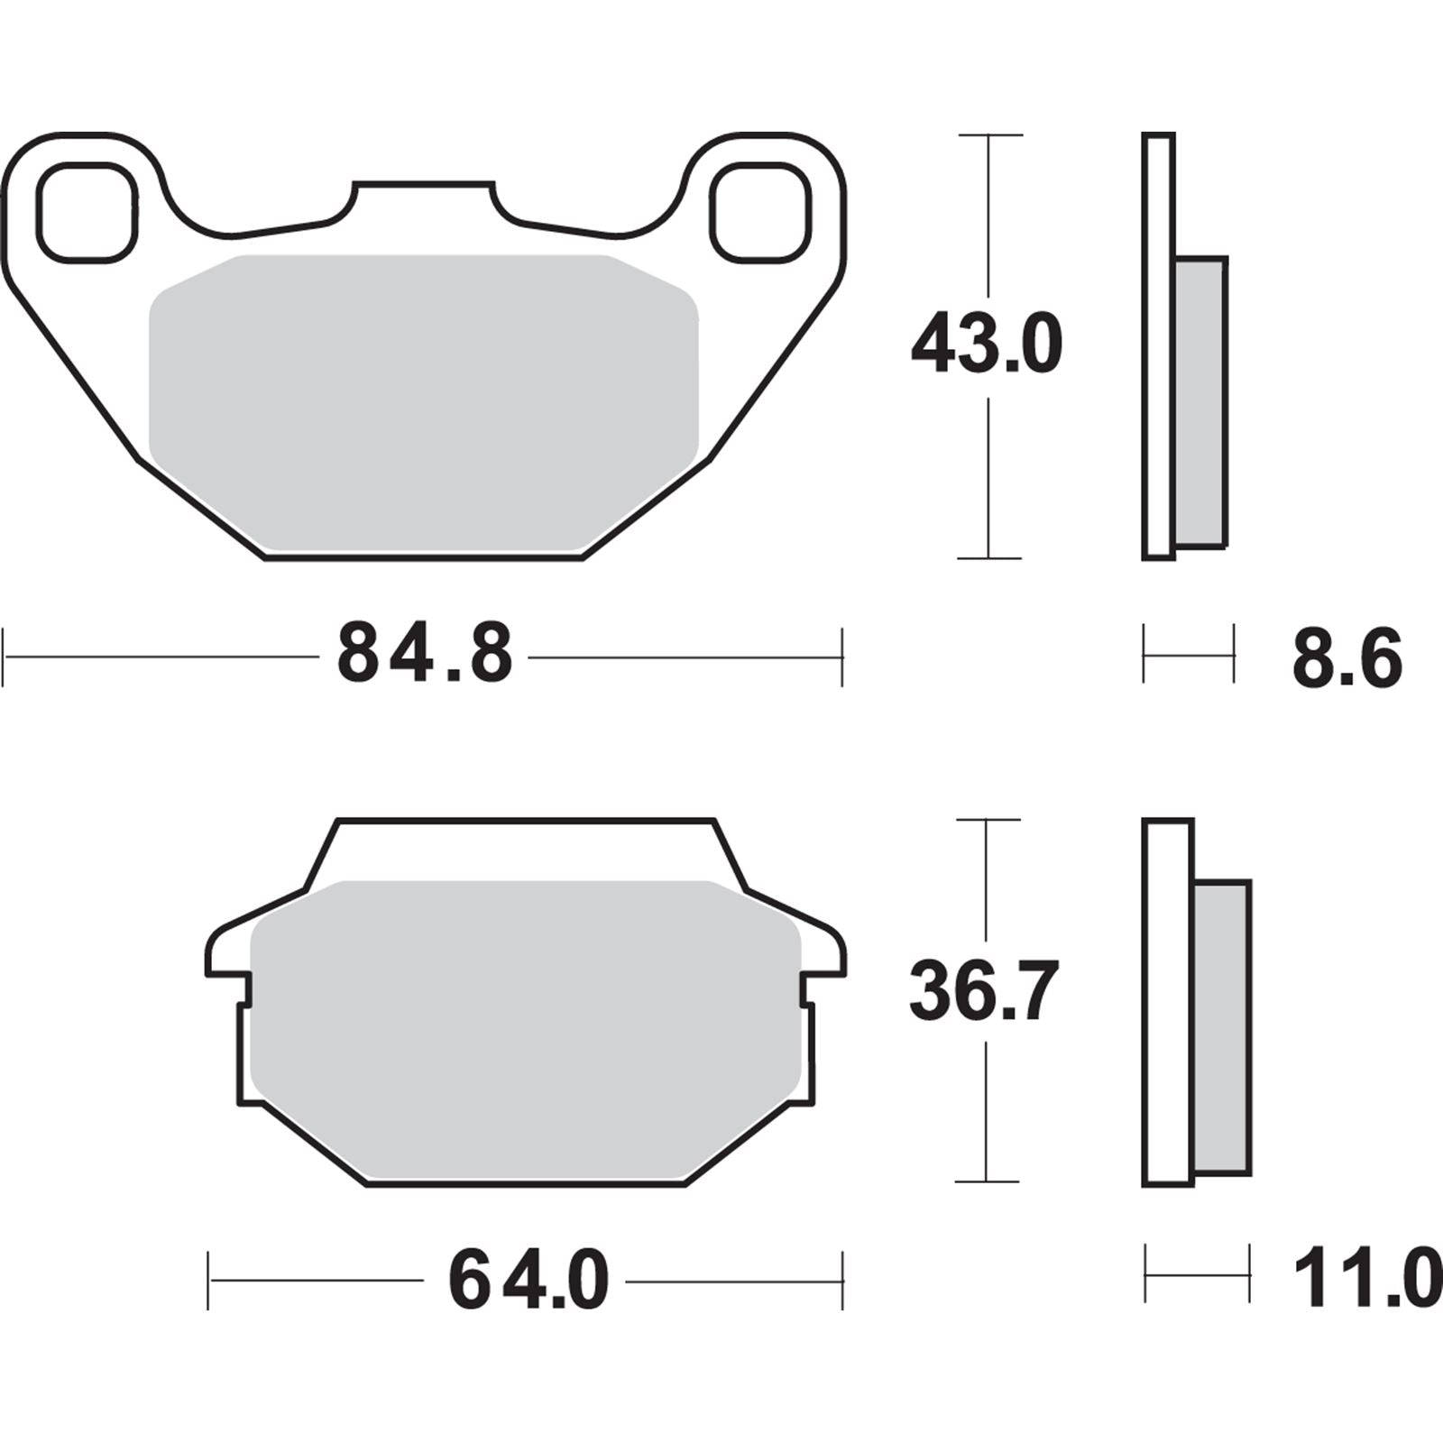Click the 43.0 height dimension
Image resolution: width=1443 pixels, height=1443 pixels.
[x=987, y=345]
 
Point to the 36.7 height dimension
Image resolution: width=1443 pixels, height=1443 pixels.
[x=983, y=992]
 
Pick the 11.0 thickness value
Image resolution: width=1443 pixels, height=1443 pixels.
[x=1366, y=1279]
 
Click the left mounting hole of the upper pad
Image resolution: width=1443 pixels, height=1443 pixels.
[x=87, y=213]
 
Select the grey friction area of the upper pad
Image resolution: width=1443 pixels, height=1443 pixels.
[x=424, y=401]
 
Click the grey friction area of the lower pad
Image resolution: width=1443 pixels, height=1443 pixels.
[x=525, y=1028]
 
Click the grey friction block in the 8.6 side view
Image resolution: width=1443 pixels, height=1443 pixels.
[x=1201, y=401]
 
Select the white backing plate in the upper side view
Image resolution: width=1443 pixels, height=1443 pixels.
[x=1159, y=347]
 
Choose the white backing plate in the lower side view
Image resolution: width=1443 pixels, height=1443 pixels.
[x=1168, y=1001]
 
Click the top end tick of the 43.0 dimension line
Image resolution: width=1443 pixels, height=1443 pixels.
[x=989, y=135]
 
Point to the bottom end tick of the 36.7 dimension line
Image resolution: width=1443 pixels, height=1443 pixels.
[x=987, y=1181]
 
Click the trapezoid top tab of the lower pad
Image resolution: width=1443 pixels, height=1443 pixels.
[x=525, y=848]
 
